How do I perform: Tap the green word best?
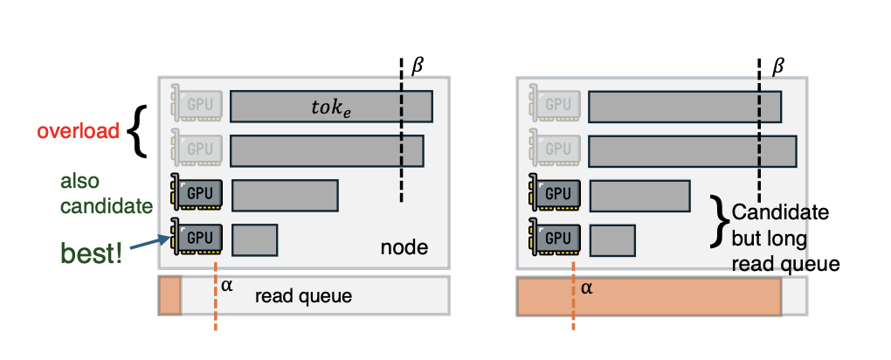click(90, 254)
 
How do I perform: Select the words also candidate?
click(93, 195)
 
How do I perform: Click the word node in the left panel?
click(404, 247)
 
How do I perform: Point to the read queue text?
click(303, 296)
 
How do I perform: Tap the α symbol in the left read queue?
click(227, 285)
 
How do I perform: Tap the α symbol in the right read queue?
click(587, 286)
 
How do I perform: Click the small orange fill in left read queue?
click(169, 295)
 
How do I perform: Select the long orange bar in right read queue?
click(648, 296)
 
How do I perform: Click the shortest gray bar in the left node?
click(254, 239)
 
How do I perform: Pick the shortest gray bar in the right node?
click(612, 239)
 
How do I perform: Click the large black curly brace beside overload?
click(135, 133)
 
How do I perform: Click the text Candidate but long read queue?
click(783, 238)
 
